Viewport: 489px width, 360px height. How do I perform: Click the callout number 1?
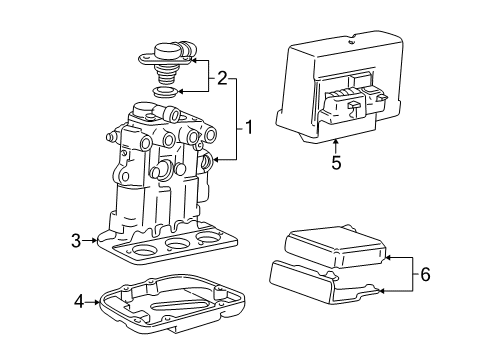point(249,128)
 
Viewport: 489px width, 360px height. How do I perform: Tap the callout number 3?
point(76,239)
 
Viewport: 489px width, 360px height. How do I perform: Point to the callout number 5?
point(335,161)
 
